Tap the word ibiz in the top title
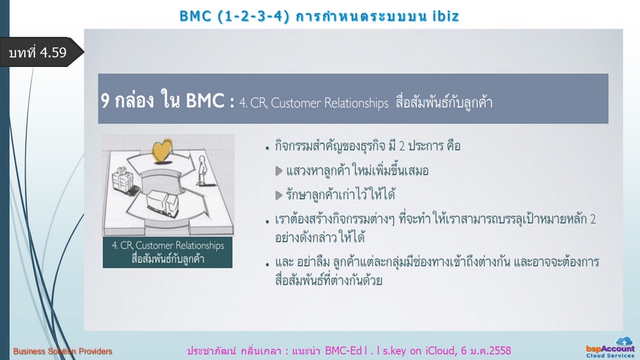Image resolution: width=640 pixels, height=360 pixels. (x=446, y=16)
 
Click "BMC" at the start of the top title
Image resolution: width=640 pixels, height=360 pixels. (x=195, y=16)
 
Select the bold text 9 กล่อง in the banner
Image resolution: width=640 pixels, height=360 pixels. (x=127, y=101)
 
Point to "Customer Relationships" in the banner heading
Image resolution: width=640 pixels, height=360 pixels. (x=329, y=103)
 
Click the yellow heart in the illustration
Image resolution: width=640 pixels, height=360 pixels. (x=162, y=151)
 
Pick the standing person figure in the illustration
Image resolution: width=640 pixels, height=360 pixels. (x=202, y=170)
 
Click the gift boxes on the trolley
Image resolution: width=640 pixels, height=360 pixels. (x=123, y=180)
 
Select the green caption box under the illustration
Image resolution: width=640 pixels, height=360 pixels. (x=167, y=252)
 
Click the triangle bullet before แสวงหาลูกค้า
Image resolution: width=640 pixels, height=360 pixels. (x=279, y=171)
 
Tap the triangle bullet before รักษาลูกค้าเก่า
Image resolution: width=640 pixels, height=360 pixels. (x=279, y=195)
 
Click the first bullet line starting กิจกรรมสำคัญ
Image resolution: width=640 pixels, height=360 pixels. (x=367, y=146)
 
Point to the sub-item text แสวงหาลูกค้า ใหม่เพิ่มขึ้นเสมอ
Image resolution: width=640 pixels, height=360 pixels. (x=357, y=171)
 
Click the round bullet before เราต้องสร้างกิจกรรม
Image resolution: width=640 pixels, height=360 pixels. (x=267, y=222)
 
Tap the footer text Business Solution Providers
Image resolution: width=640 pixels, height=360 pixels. (x=62, y=351)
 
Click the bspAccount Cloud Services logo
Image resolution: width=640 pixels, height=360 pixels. (x=611, y=347)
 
